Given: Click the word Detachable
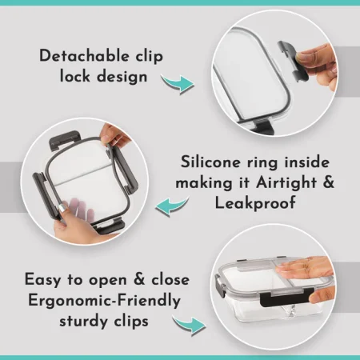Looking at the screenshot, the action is pyautogui.click(x=84, y=56).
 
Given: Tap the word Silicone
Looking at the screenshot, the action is pyautogui.click(x=210, y=162).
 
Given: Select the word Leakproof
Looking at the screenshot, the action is pyautogui.click(x=255, y=203).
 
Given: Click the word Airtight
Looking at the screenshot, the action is pyautogui.click(x=286, y=183).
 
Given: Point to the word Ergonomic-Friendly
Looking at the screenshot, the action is pyautogui.click(x=105, y=301).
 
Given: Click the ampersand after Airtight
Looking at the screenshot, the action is pyautogui.click(x=328, y=182).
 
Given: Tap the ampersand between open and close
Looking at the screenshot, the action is pyautogui.click(x=138, y=279).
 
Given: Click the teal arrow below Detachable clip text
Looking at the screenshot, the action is pyautogui.click(x=178, y=83).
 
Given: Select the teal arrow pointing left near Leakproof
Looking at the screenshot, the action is pyautogui.click(x=172, y=206).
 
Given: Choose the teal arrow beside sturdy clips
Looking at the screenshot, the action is pyautogui.click(x=189, y=325).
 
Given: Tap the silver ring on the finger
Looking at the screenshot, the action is pyautogui.click(x=62, y=209).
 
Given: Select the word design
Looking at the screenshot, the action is pyautogui.click(x=122, y=77).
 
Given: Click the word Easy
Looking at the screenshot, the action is pyautogui.click(x=43, y=280).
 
